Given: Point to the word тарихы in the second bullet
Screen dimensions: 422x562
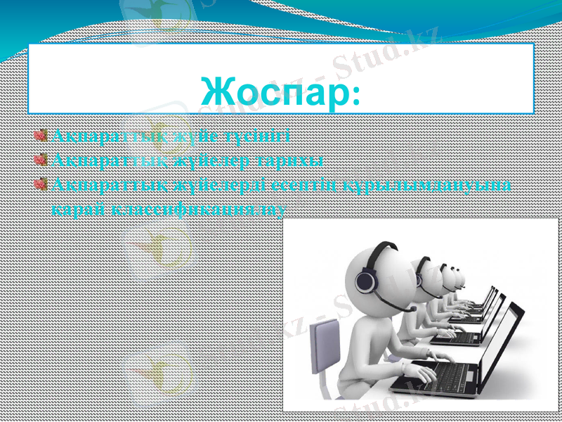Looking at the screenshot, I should click(x=289, y=160).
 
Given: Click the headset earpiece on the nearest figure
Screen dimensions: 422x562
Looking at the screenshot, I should click(x=366, y=282).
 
